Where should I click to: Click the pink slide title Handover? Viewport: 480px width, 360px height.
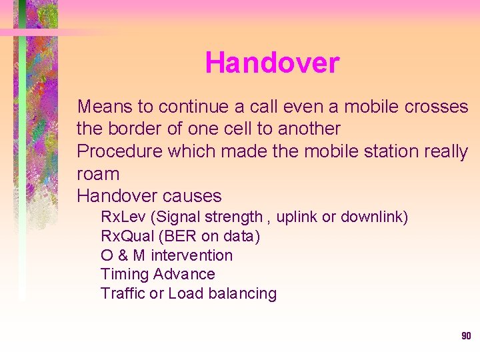point(272,63)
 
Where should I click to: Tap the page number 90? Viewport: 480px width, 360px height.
point(466,336)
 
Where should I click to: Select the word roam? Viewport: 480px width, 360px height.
point(98,175)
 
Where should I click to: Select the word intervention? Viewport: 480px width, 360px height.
point(192,255)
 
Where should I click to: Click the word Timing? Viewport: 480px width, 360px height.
point(125,275)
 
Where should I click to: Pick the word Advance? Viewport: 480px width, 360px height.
point(184,274)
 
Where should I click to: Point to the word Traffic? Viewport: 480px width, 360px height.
point(123,293)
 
